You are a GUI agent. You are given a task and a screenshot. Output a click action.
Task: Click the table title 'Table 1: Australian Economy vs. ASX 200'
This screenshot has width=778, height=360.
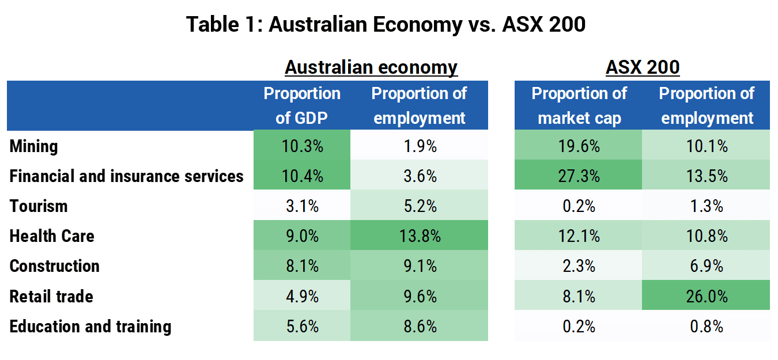(386, 24)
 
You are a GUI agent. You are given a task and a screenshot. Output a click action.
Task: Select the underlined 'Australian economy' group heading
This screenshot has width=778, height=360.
(371, 67)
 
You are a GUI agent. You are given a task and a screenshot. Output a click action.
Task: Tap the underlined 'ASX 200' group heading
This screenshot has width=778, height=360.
(643, 67)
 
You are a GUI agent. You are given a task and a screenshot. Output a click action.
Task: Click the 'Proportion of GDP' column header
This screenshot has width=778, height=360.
(302, 105)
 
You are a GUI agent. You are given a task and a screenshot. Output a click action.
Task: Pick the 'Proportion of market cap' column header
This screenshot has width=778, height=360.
(579, 105)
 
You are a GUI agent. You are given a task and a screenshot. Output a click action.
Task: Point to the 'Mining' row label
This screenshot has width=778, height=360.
(33, 146)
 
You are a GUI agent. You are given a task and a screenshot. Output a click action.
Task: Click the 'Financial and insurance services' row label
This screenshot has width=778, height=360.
(126, 176)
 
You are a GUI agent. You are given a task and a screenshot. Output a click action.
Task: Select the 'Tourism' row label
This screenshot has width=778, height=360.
(39, 206)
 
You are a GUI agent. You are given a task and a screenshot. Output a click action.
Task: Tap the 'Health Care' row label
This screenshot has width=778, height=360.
(52, 236)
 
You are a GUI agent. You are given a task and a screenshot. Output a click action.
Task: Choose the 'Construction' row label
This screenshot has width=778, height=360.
(55, 266)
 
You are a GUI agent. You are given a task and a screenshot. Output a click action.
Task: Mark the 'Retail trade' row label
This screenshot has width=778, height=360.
(51, 297)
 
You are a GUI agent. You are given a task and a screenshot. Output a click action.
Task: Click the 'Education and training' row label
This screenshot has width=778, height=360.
(90, 327)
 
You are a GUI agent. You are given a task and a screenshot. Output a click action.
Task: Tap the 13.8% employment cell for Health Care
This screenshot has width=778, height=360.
(419, 235)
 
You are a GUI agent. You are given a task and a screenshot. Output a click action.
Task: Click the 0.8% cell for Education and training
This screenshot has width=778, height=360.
(706, 325)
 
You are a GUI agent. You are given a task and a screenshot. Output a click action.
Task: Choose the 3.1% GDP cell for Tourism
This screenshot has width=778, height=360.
(302, 205)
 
